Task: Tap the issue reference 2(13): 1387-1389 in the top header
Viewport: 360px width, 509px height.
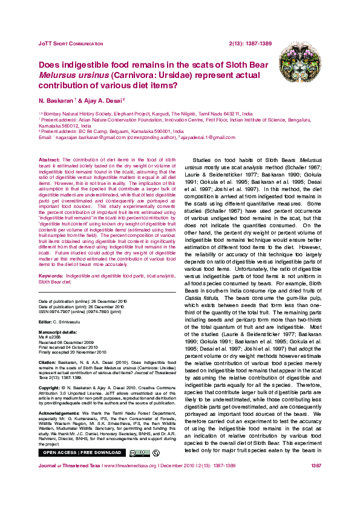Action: [250, 44]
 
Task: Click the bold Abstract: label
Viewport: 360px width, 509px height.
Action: [49, 158]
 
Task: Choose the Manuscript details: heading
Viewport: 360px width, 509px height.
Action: [57, 332]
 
